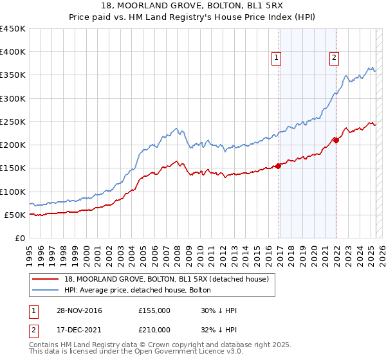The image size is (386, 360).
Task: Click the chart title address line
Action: [192, 7]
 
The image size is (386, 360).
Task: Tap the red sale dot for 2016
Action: [278, 166]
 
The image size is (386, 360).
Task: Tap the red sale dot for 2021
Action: [335, 140]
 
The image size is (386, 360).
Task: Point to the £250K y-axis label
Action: [13, 122]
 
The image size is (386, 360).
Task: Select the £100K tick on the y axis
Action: [13, 192]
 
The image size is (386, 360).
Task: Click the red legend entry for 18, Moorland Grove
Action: [170, 278]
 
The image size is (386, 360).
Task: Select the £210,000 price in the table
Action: [154, 330]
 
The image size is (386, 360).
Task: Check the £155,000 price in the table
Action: [154, 311]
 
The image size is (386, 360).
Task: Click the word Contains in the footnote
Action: [44, 346]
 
